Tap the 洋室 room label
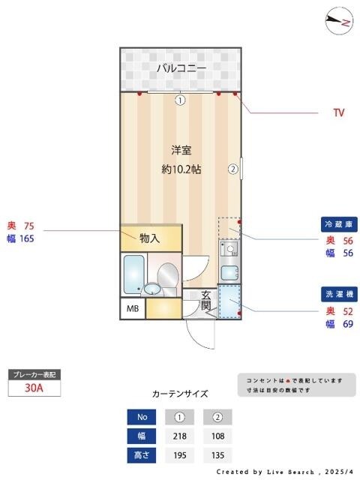[x=181, y=149]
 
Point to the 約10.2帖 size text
[x=181, y=169]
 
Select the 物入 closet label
[x=150, y=238]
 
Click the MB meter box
[x=132, y=308]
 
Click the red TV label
[x=339, y=113]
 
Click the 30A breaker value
[x=33, y=388]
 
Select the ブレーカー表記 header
[x=33, y=373]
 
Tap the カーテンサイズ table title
[x=180, y=393]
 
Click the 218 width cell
[x=180, y=436]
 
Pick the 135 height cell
[x=217, y=454]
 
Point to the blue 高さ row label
[x=142, y=454]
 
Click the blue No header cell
[x=142, y=417]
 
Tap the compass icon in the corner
[x=340, y=21]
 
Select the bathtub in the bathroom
[x=133, y=274]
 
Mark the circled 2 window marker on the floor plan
[x=233, y=169]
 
